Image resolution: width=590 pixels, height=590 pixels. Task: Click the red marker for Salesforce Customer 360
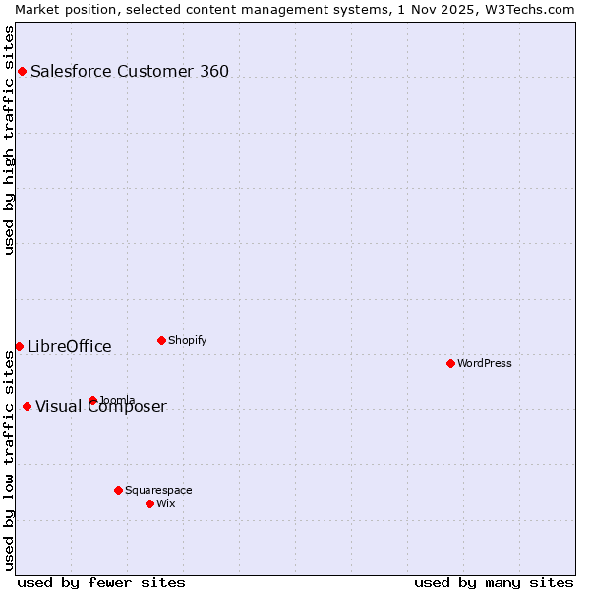(x=22, y=71)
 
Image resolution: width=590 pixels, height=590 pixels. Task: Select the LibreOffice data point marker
(x=19, y=346)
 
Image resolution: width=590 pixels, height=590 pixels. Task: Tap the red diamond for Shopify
(x=161, y=340)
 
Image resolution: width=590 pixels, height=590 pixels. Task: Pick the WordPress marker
(x=450, y=363)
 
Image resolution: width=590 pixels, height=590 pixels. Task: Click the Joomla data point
(x=92, y=400)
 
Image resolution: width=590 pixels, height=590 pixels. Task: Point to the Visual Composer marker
(x=27, y=406)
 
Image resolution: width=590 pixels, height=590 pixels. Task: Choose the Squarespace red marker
(x=118, y=490)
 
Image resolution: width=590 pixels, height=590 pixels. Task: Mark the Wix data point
(x=149, y=503)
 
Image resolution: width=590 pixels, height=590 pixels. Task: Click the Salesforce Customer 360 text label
(x=130, y=71)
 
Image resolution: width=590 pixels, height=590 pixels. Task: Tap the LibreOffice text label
(x=70, y=346)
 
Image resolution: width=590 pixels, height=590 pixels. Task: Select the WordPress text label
(x=485, y=363)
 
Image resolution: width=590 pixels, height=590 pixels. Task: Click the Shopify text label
(x=188, y=340)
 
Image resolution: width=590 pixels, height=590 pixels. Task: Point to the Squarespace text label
(x=158, y=490)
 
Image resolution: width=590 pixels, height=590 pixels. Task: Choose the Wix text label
(x=166, y=503)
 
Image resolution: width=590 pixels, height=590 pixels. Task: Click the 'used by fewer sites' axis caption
(x=101, y=582)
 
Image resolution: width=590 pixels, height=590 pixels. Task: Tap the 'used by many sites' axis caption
(x=494, y=582)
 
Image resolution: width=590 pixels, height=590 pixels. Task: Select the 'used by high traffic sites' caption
(x=10, y=140)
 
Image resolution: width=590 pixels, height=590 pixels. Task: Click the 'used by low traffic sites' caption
(x=10, y=459)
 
